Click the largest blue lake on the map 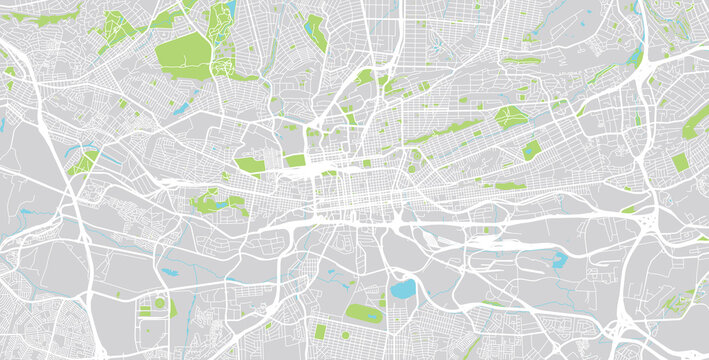pos(403,290)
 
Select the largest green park pos(186,57)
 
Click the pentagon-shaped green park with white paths pos(511,117)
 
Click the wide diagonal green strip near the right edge pos(696,122)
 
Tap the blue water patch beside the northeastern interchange pos(636,55)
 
